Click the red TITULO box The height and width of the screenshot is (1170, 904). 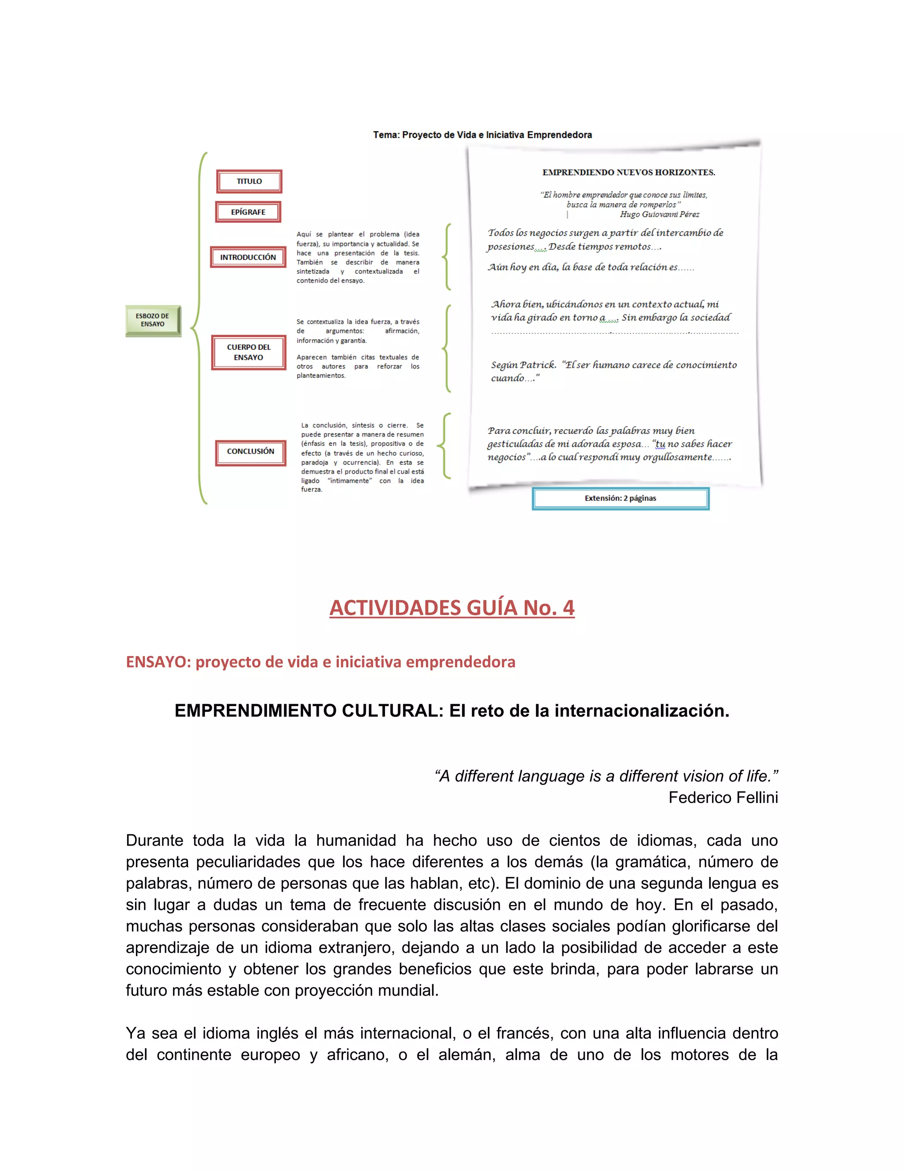pyautogui.click(x=249, y=181)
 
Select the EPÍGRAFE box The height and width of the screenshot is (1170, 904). pyautogui.click(x=248, y=212)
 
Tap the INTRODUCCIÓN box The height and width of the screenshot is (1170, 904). pyautogui.click(x=248, y=257)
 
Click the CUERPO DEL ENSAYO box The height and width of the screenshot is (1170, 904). pyautogui.click(x=249, y=352)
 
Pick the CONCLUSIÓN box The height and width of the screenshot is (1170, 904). pyautogui.click(x=250, y=452)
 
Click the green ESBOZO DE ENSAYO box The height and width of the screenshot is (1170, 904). pyautogui.click(x=153, y=321)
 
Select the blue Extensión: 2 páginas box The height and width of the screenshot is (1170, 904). pyautogui.click(x=620, y=498)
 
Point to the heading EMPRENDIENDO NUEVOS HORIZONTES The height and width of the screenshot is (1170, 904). pyautogui.click(x=628, y=173)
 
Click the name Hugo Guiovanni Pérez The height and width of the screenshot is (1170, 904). pyautogui.click(x=659, y=214)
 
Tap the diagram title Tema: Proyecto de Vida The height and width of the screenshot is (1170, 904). pyautogui.click(x=482, y=135)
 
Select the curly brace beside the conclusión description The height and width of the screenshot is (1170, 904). pyautogui.click(x=444, y=446)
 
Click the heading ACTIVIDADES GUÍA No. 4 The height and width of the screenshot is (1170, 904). pyautogui.click(x=452, y=608)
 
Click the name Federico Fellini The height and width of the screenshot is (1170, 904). pyautogui.click(x=723, y=798)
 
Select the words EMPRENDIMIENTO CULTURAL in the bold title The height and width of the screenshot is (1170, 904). pyautogui.click(x=309, y=711)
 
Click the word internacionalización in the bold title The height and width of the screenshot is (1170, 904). pyautogui.click(x=641, y=711)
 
